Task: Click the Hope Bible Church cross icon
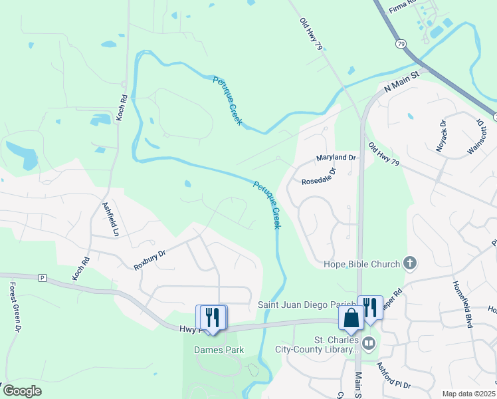(x=410, y=263)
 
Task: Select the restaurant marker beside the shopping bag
(x=370, y=307)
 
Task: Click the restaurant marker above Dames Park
(x=212, y=317)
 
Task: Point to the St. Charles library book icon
(x=368, y=343)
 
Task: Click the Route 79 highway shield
(x=401, y=43)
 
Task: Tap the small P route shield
(x=43, y=278)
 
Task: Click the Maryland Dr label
(x=336, y=158)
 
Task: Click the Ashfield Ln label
(x=110, y=219)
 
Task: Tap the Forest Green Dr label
(x=14, y=307)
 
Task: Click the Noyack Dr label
(x=441, y=136)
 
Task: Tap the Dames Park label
(x=219, y=350)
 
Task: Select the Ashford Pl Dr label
(x=394, y=376)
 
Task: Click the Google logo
(x=22, y=391)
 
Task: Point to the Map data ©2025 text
(x=468, y=394)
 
